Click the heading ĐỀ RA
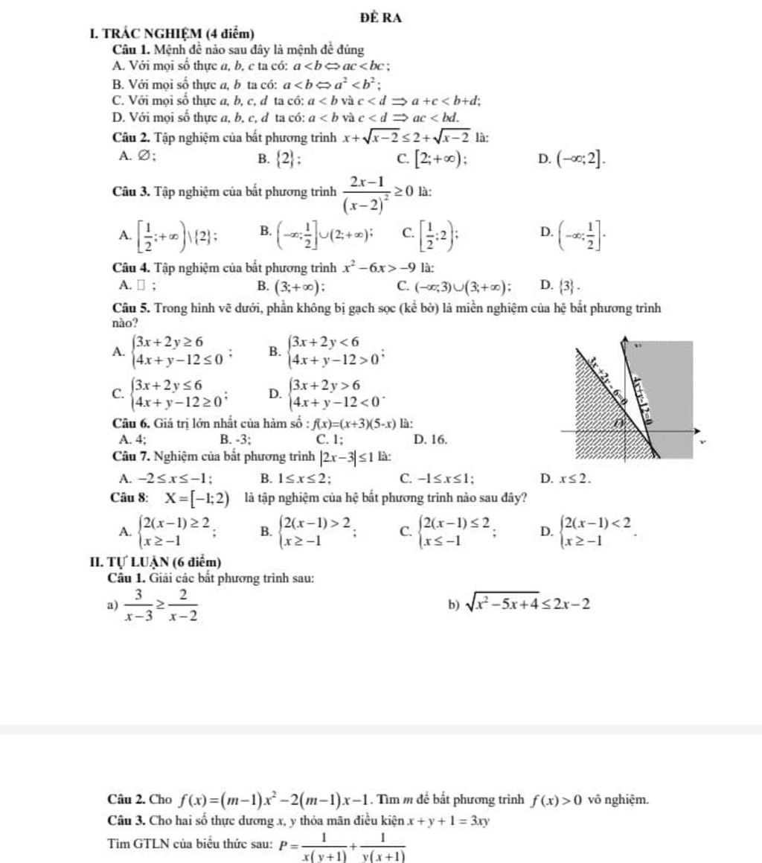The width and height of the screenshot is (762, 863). click(x=380, y=19)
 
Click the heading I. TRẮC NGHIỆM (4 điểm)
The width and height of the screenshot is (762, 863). click(x=170, y=34)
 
